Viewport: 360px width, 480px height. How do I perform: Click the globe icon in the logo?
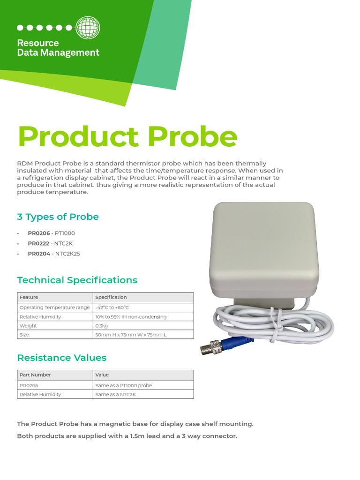coord(88,27)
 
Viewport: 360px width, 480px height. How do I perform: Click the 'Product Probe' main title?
coord(127,136)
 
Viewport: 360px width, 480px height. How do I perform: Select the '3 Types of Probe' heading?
coord(58,217)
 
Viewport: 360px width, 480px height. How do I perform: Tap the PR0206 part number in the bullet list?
coord(38,233)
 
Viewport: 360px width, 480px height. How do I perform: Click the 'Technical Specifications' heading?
coord(77,280)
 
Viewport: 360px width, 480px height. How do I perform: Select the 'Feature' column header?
coord(29,297)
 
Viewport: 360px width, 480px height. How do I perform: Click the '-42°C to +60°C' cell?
coord(112,307)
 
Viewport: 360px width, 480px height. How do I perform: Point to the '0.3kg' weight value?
coord(102,325)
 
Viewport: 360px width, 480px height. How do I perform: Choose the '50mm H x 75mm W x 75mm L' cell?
coord(131,334)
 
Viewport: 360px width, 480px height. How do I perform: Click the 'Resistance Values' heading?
coord(61,358)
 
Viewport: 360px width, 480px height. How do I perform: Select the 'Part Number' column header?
coord(35,375)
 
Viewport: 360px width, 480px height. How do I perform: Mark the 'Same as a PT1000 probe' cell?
coord(124,385)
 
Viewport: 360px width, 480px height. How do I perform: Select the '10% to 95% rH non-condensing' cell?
coord(131,317)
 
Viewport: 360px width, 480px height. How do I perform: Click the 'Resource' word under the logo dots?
coord(38,43)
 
